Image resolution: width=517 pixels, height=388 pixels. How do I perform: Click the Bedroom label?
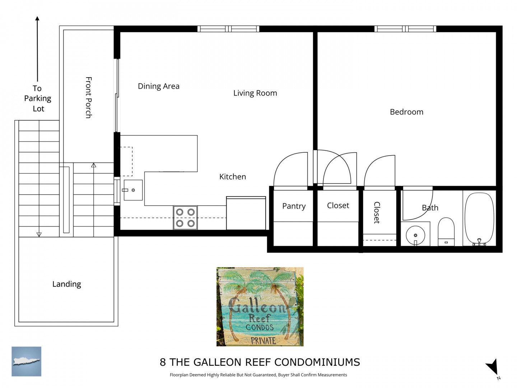tap(406, 112)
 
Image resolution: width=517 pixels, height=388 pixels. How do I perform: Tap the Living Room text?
tap(255, 93)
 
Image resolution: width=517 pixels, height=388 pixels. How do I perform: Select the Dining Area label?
tap(159, 86)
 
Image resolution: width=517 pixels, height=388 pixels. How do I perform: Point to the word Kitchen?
tap(233, 177)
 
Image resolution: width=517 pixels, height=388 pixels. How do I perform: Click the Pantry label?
tap(294, 206)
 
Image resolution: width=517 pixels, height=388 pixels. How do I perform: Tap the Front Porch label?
tap(89, 97)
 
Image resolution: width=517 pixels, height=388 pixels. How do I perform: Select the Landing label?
tap(67, 284)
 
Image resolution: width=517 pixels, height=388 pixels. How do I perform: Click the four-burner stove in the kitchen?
tap(185, 218)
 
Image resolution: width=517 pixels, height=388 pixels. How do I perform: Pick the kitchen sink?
tap(133, 190)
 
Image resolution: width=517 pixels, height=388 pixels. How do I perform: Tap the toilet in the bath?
tap(446, 232)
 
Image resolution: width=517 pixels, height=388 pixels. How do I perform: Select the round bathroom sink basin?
tap(415, 235)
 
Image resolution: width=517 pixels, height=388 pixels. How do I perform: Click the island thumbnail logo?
tap(26, 361)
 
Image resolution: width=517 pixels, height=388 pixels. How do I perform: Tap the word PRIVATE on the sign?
tap(263, 341)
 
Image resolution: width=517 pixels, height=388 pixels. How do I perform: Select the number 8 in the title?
tap(163, 362)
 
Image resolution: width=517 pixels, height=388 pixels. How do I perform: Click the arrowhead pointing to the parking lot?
tap(37, 18)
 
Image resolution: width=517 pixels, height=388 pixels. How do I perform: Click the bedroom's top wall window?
tap(405, 29)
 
